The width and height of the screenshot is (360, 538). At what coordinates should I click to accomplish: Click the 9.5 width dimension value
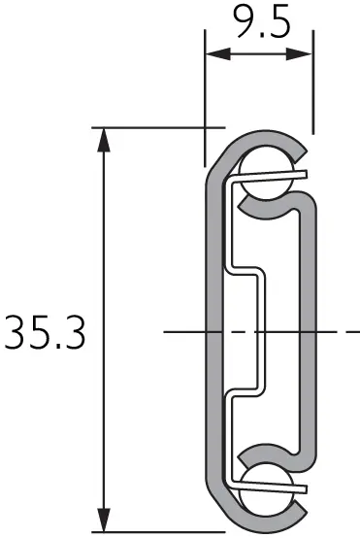(261, 20)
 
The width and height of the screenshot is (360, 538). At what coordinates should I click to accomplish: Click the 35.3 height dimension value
(45, 332)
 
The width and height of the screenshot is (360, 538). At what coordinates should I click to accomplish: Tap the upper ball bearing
(267, 173)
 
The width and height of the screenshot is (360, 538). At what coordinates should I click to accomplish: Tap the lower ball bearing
(267, 490)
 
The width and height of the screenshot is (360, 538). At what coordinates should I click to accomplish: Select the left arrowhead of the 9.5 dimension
(217, 53)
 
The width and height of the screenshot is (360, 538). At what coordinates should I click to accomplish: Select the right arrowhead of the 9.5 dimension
(299, 53)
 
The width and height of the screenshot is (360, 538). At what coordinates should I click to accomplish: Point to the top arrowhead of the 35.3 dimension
(104, 140)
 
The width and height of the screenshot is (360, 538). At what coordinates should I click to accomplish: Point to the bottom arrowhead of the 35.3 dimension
(104, 520)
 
